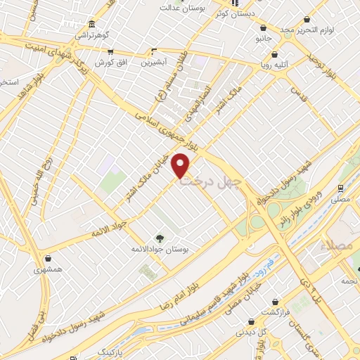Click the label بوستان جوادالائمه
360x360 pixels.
(161, 249)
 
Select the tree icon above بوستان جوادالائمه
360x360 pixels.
(160, 237)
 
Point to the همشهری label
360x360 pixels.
(48, 270)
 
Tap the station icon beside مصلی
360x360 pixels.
(340, 188)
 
